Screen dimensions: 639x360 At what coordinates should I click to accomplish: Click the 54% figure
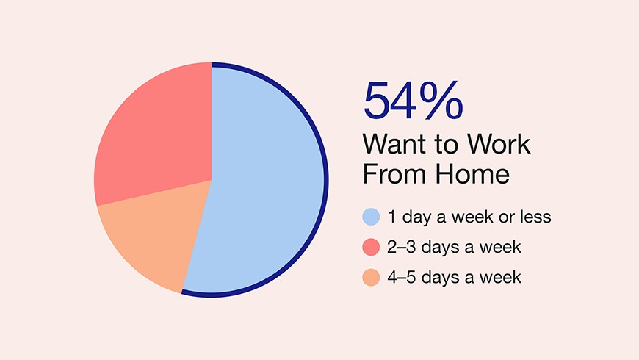pyautogui.click(x=413, y=101)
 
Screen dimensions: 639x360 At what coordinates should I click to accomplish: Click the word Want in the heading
pyautogui.click(x=400, y=144)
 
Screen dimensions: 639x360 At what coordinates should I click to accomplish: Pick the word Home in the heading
pyautogui.click(x=472, y=174)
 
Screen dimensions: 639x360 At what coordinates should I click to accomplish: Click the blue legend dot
pyautogui.click(x=371, y=217)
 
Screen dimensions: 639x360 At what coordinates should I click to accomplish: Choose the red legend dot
pyautogui.click(x=371, y=247)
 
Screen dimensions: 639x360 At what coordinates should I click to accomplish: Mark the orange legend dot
pyautogui.click(x=371, y=277)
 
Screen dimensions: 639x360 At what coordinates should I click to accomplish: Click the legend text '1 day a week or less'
pyautogui.click(x=469, y=217)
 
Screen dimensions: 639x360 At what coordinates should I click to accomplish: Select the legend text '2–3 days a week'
pyautogui.click(x=454, y=247)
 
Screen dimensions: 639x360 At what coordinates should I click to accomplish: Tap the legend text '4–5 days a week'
pyautogui.click(x=454, y=277)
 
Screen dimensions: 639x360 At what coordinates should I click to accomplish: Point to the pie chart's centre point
pyautogui.click(x=212, y=180)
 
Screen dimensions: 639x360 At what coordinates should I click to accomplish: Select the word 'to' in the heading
pyautogui.click(x=450, y=145)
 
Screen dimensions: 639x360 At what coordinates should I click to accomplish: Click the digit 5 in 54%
pyautogui.click(x=377, y=101)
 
